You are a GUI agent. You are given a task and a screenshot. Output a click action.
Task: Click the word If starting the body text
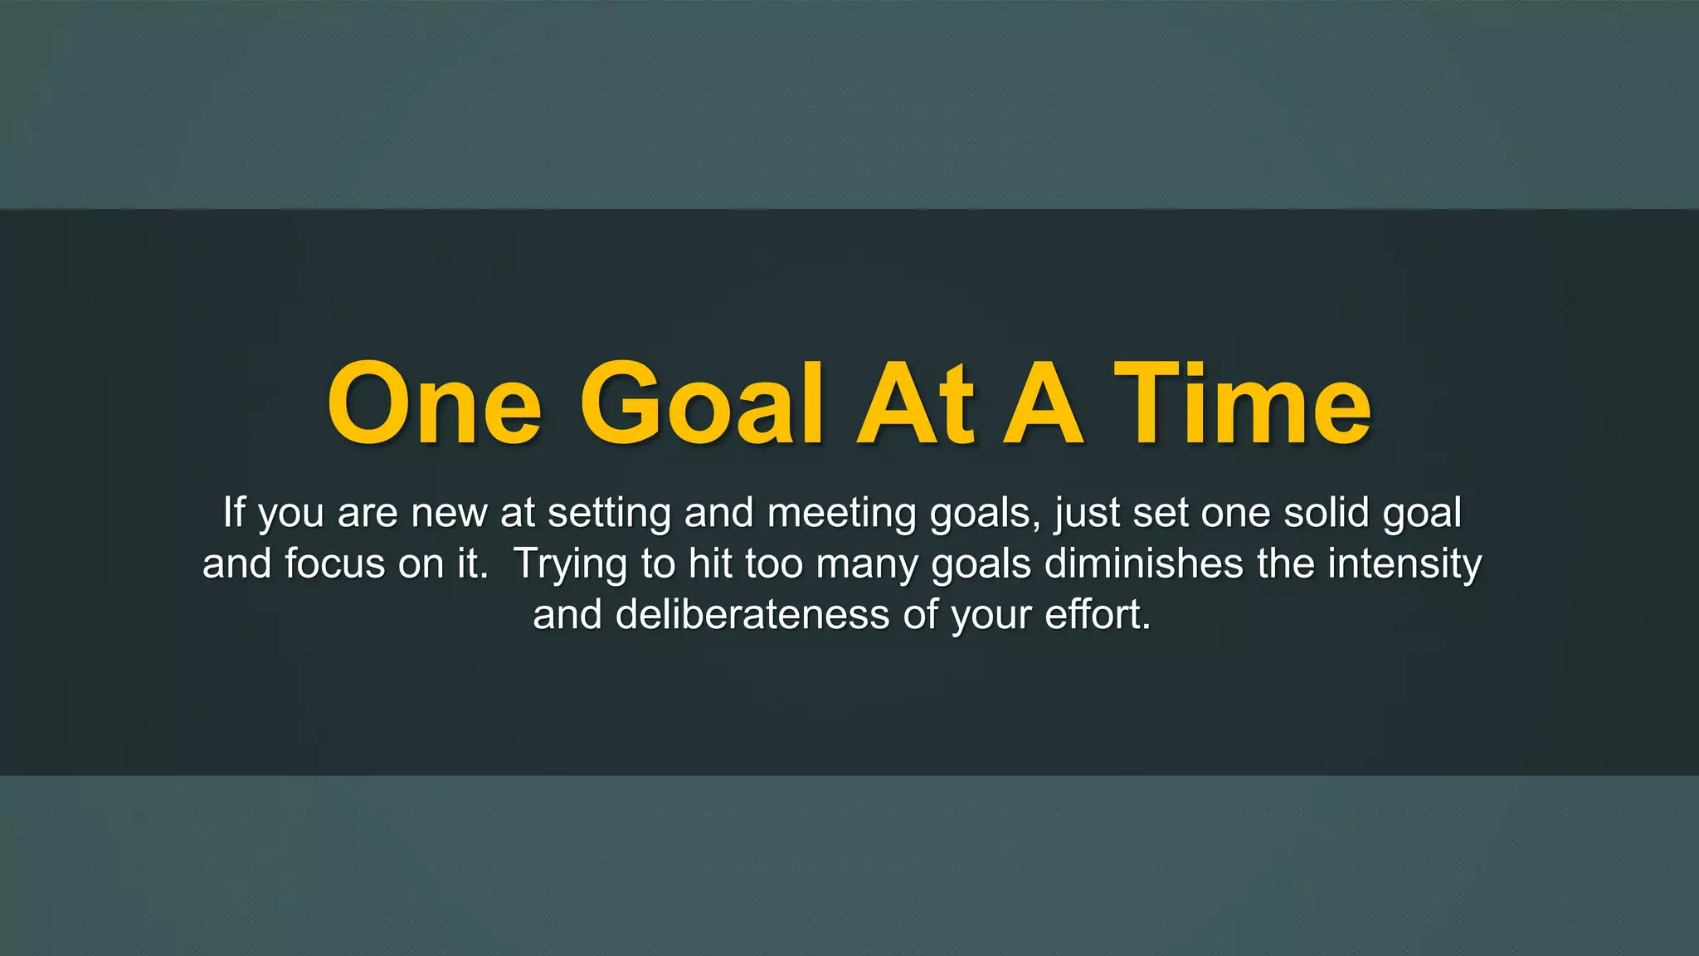pyautogui.click(x=234, y=512)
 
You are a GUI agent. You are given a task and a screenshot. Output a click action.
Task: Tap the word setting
pyautogui.click(x=609, y=514)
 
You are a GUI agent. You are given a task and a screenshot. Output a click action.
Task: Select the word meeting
pyautogui.click(x=842, y=514)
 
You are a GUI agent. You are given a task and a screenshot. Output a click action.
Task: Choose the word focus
pyautogui.click(x=335, y=564)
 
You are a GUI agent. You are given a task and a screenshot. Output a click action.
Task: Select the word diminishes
pyautogui.click(x=1143, y=564)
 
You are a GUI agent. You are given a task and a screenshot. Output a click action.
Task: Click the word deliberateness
pyautogui.click(x=752, y=616)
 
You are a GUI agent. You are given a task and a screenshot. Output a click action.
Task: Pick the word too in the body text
pyautogui.click(x=774, y=564)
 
